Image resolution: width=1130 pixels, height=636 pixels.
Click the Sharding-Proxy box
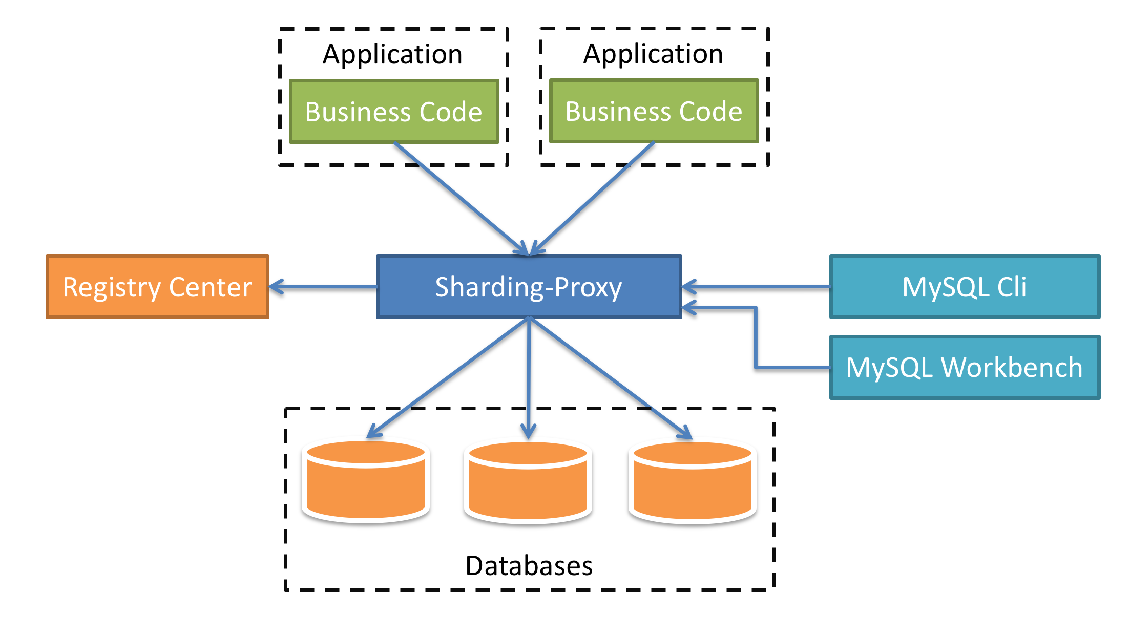click(x=529, y=287)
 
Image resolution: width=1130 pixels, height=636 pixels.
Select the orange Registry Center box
click(x=157, y=287)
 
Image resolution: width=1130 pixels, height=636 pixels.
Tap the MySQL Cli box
click(x=965, y=287)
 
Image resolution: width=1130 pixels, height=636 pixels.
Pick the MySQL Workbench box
click(x=965, y=367)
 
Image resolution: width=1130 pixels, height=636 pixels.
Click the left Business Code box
click(x=393, y=112)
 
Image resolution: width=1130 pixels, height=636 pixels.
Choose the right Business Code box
click(x=654, y=111)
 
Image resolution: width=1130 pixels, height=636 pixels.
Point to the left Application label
click(x=392, y=54)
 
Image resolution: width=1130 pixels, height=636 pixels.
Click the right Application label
click(x=653, y=54)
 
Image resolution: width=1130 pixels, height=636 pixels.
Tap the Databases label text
click(x=529, y=566)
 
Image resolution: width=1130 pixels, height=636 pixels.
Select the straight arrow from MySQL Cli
click(x=756, y=287)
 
